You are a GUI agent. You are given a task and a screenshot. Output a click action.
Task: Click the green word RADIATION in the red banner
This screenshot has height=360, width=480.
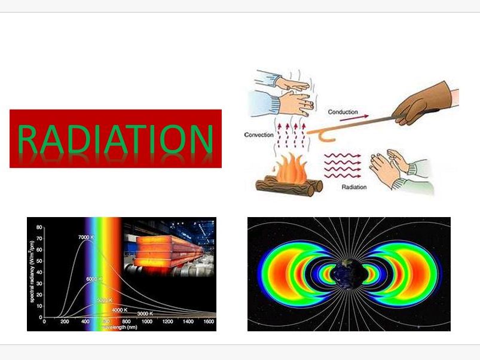[115, 139]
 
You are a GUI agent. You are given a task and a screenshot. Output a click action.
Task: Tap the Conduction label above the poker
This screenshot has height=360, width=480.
[343, 112]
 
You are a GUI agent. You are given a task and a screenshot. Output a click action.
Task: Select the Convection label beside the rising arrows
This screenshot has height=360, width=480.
[259, 135]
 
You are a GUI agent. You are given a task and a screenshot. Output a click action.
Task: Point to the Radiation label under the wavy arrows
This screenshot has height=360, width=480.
[354, 187]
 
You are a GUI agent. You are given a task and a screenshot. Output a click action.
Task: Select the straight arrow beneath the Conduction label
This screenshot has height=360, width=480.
[350, 120]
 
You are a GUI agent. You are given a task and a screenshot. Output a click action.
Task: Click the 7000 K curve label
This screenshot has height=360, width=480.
[87, 237]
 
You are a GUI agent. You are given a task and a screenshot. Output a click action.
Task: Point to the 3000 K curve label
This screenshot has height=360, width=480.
[145, 313]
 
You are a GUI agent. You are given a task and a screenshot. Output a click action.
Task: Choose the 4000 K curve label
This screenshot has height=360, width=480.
[121, 310]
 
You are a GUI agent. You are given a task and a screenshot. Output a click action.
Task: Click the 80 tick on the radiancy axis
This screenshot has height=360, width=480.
[39, 227]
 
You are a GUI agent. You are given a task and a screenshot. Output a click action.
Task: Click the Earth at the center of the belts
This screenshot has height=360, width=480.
[348, 274]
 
